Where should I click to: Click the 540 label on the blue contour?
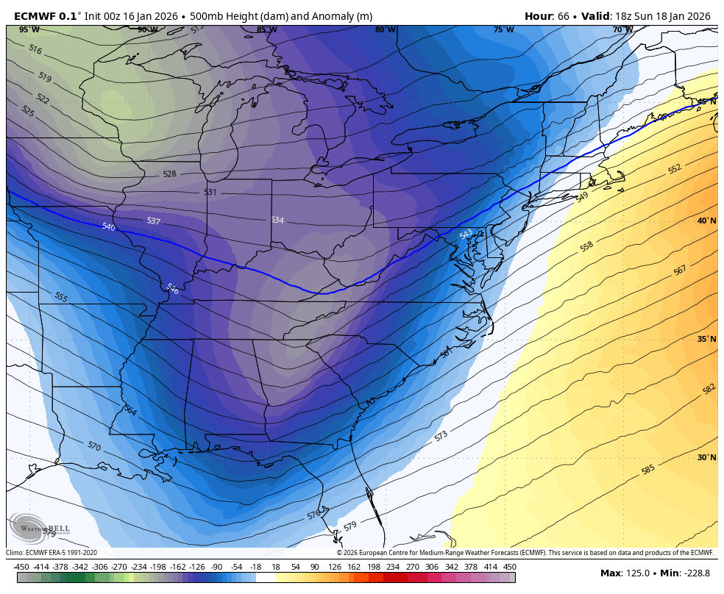click(x=108, y=227)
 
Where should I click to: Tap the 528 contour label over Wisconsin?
click(x=169, y=174)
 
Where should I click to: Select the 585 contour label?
click(x=647, y=469)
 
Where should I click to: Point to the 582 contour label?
click(x=709, y=388)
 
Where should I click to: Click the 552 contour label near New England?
click(x=674, y=168)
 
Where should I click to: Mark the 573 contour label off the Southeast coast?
click(x=441, y=436)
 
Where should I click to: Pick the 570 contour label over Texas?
click(x=93, y=446)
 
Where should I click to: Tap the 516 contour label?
click(x=35, y=49)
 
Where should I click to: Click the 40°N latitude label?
click(x=706, y=221)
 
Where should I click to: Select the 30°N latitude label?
click(x=706, y=457)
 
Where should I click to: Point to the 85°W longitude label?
click(x=266, y=30)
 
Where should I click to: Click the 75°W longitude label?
click(x=503, y=30)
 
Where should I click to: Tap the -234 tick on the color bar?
click(x=138, y=567)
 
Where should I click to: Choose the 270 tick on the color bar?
click(x=411, y=567)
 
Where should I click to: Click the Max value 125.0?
click(x=637, y=573)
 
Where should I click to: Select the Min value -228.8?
click(x=695, y=573)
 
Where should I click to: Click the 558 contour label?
click(x=586, y=246)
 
